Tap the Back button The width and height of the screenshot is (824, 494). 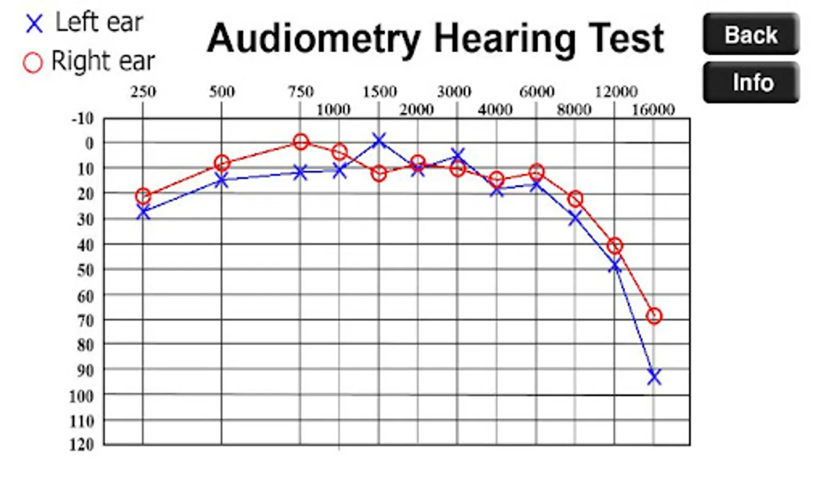point(750,35)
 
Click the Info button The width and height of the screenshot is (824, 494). point(750,82)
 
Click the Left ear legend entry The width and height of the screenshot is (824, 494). point(85,23)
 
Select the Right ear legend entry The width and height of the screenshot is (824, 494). point(89,61)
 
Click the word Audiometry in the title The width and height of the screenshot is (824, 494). point(313,38)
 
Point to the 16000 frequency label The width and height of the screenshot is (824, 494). point(653,110)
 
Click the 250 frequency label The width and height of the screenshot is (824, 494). point(143,91)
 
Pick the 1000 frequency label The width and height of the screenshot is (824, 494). point(333,110)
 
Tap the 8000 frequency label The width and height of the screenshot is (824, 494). point(574,110)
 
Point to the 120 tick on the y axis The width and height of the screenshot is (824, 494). point(81,445)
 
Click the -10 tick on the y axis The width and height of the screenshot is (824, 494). point(82,118)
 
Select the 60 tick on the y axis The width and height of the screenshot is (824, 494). point(85,296)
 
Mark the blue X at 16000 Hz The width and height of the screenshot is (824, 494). point(653,377)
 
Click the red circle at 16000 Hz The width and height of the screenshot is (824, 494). point(654,316)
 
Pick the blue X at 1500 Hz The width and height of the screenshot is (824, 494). point(378,141)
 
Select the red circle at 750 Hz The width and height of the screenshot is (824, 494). point(300,142)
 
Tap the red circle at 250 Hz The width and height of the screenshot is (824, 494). point(143,196)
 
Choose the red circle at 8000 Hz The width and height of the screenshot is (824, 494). point(575,199)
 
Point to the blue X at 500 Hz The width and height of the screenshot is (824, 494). point(221,180)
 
